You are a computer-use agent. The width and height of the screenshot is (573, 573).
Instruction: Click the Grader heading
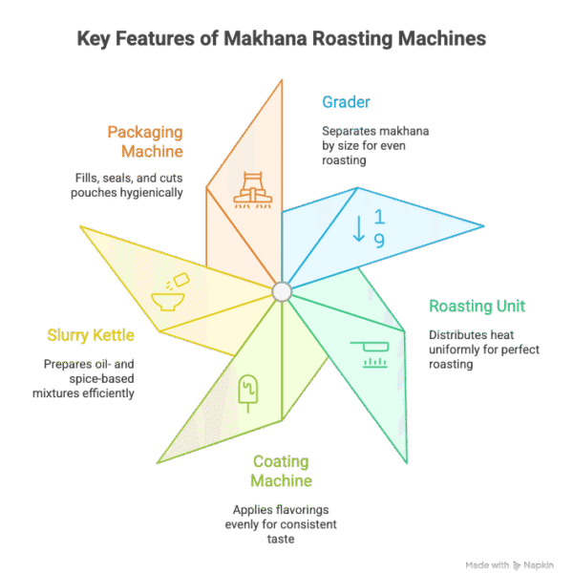(345, 102)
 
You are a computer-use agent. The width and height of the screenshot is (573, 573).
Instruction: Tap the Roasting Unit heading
(476, 307)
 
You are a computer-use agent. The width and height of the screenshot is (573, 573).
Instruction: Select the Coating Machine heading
(282, 471)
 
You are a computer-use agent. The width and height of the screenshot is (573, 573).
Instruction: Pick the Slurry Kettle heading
(91, 335)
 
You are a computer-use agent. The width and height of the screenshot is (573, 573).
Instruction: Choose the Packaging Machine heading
(146, 140)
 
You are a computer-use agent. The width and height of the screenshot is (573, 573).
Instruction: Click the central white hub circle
(282, 289)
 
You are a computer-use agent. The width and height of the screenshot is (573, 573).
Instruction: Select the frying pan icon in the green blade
(368, 351)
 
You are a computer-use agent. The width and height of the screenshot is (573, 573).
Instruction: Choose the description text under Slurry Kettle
(91, 378)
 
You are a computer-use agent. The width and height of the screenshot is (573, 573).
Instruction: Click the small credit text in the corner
(515, 564)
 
